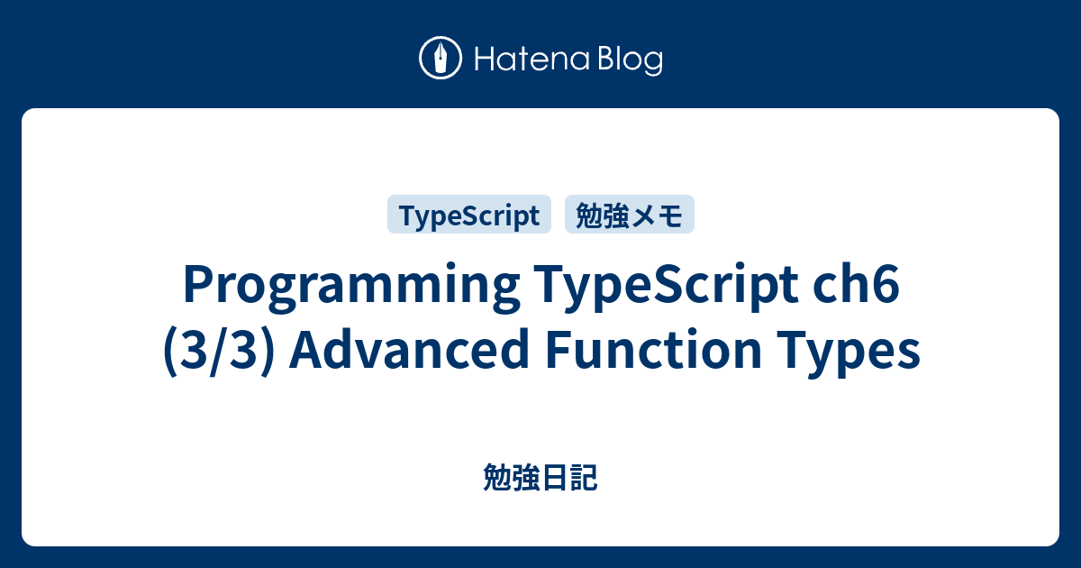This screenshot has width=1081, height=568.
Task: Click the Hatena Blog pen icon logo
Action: pos(441,59)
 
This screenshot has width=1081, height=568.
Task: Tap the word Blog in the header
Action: pos(629,60)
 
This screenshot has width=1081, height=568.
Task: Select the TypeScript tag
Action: pos(468,215)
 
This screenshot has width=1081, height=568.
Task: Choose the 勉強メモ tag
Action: pos(629,215)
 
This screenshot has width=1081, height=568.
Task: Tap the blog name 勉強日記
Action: pos(540,479)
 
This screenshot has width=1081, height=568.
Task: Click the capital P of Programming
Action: pos(195,287)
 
